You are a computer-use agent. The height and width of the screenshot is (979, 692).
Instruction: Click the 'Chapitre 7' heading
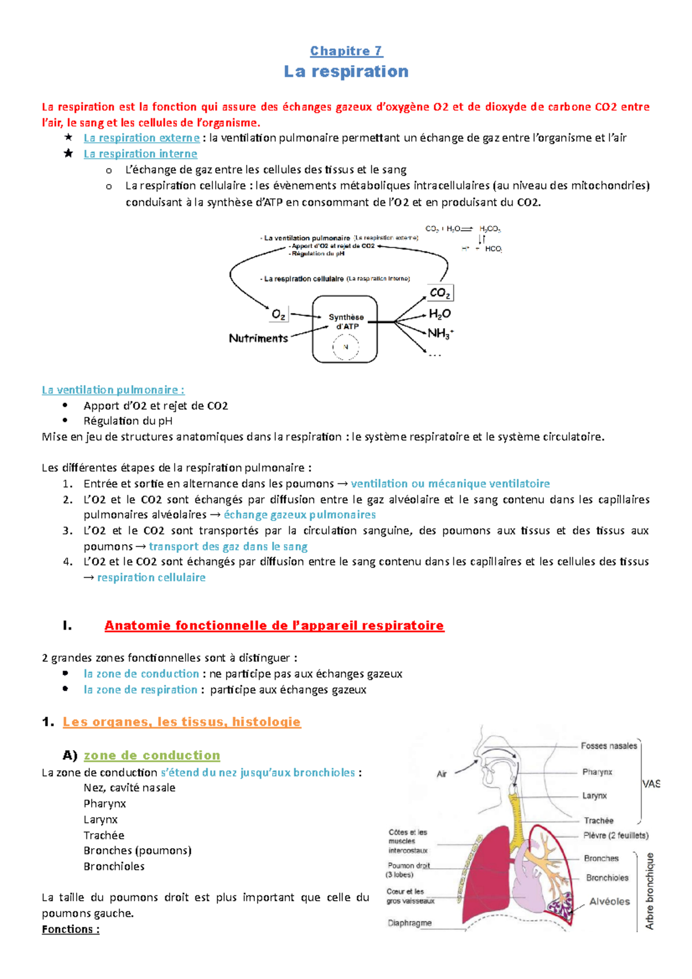point(346,51)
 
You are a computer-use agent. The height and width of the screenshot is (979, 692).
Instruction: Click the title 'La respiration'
point(346,71)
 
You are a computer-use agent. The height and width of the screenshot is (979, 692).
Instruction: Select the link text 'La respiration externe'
point(141,138)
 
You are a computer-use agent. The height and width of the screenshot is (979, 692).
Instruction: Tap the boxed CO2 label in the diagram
point(440,293)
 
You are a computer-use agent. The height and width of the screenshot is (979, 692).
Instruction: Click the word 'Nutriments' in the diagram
point(258,338)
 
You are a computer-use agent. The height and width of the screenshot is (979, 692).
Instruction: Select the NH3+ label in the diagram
point(440,333)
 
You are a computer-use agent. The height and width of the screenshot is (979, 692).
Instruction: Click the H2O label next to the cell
point(439,314)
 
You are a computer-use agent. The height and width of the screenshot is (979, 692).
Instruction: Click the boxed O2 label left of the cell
point(279,314)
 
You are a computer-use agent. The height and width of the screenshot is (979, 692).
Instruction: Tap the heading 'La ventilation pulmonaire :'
point(113,390)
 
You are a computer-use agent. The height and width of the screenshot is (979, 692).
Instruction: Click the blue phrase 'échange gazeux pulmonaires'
point(299,515)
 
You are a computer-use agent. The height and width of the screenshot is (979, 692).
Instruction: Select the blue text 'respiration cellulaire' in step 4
point(151,578)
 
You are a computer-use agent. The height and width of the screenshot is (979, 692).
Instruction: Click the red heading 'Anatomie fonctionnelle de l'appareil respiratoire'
point(274,626)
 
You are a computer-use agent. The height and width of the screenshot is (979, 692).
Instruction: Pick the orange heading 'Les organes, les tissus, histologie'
point(182,722)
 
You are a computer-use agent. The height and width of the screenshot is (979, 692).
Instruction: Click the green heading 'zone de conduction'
point(152,755)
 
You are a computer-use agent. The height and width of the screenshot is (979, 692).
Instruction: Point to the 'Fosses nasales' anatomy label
point(608,746)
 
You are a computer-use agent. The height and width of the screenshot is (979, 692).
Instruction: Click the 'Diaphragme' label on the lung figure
point(409,923)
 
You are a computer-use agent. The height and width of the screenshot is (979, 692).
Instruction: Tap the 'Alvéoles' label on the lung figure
point(609,902)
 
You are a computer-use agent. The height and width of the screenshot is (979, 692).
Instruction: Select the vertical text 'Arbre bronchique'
point(650,891)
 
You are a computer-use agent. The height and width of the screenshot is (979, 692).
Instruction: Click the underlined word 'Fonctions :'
point(70,929)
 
